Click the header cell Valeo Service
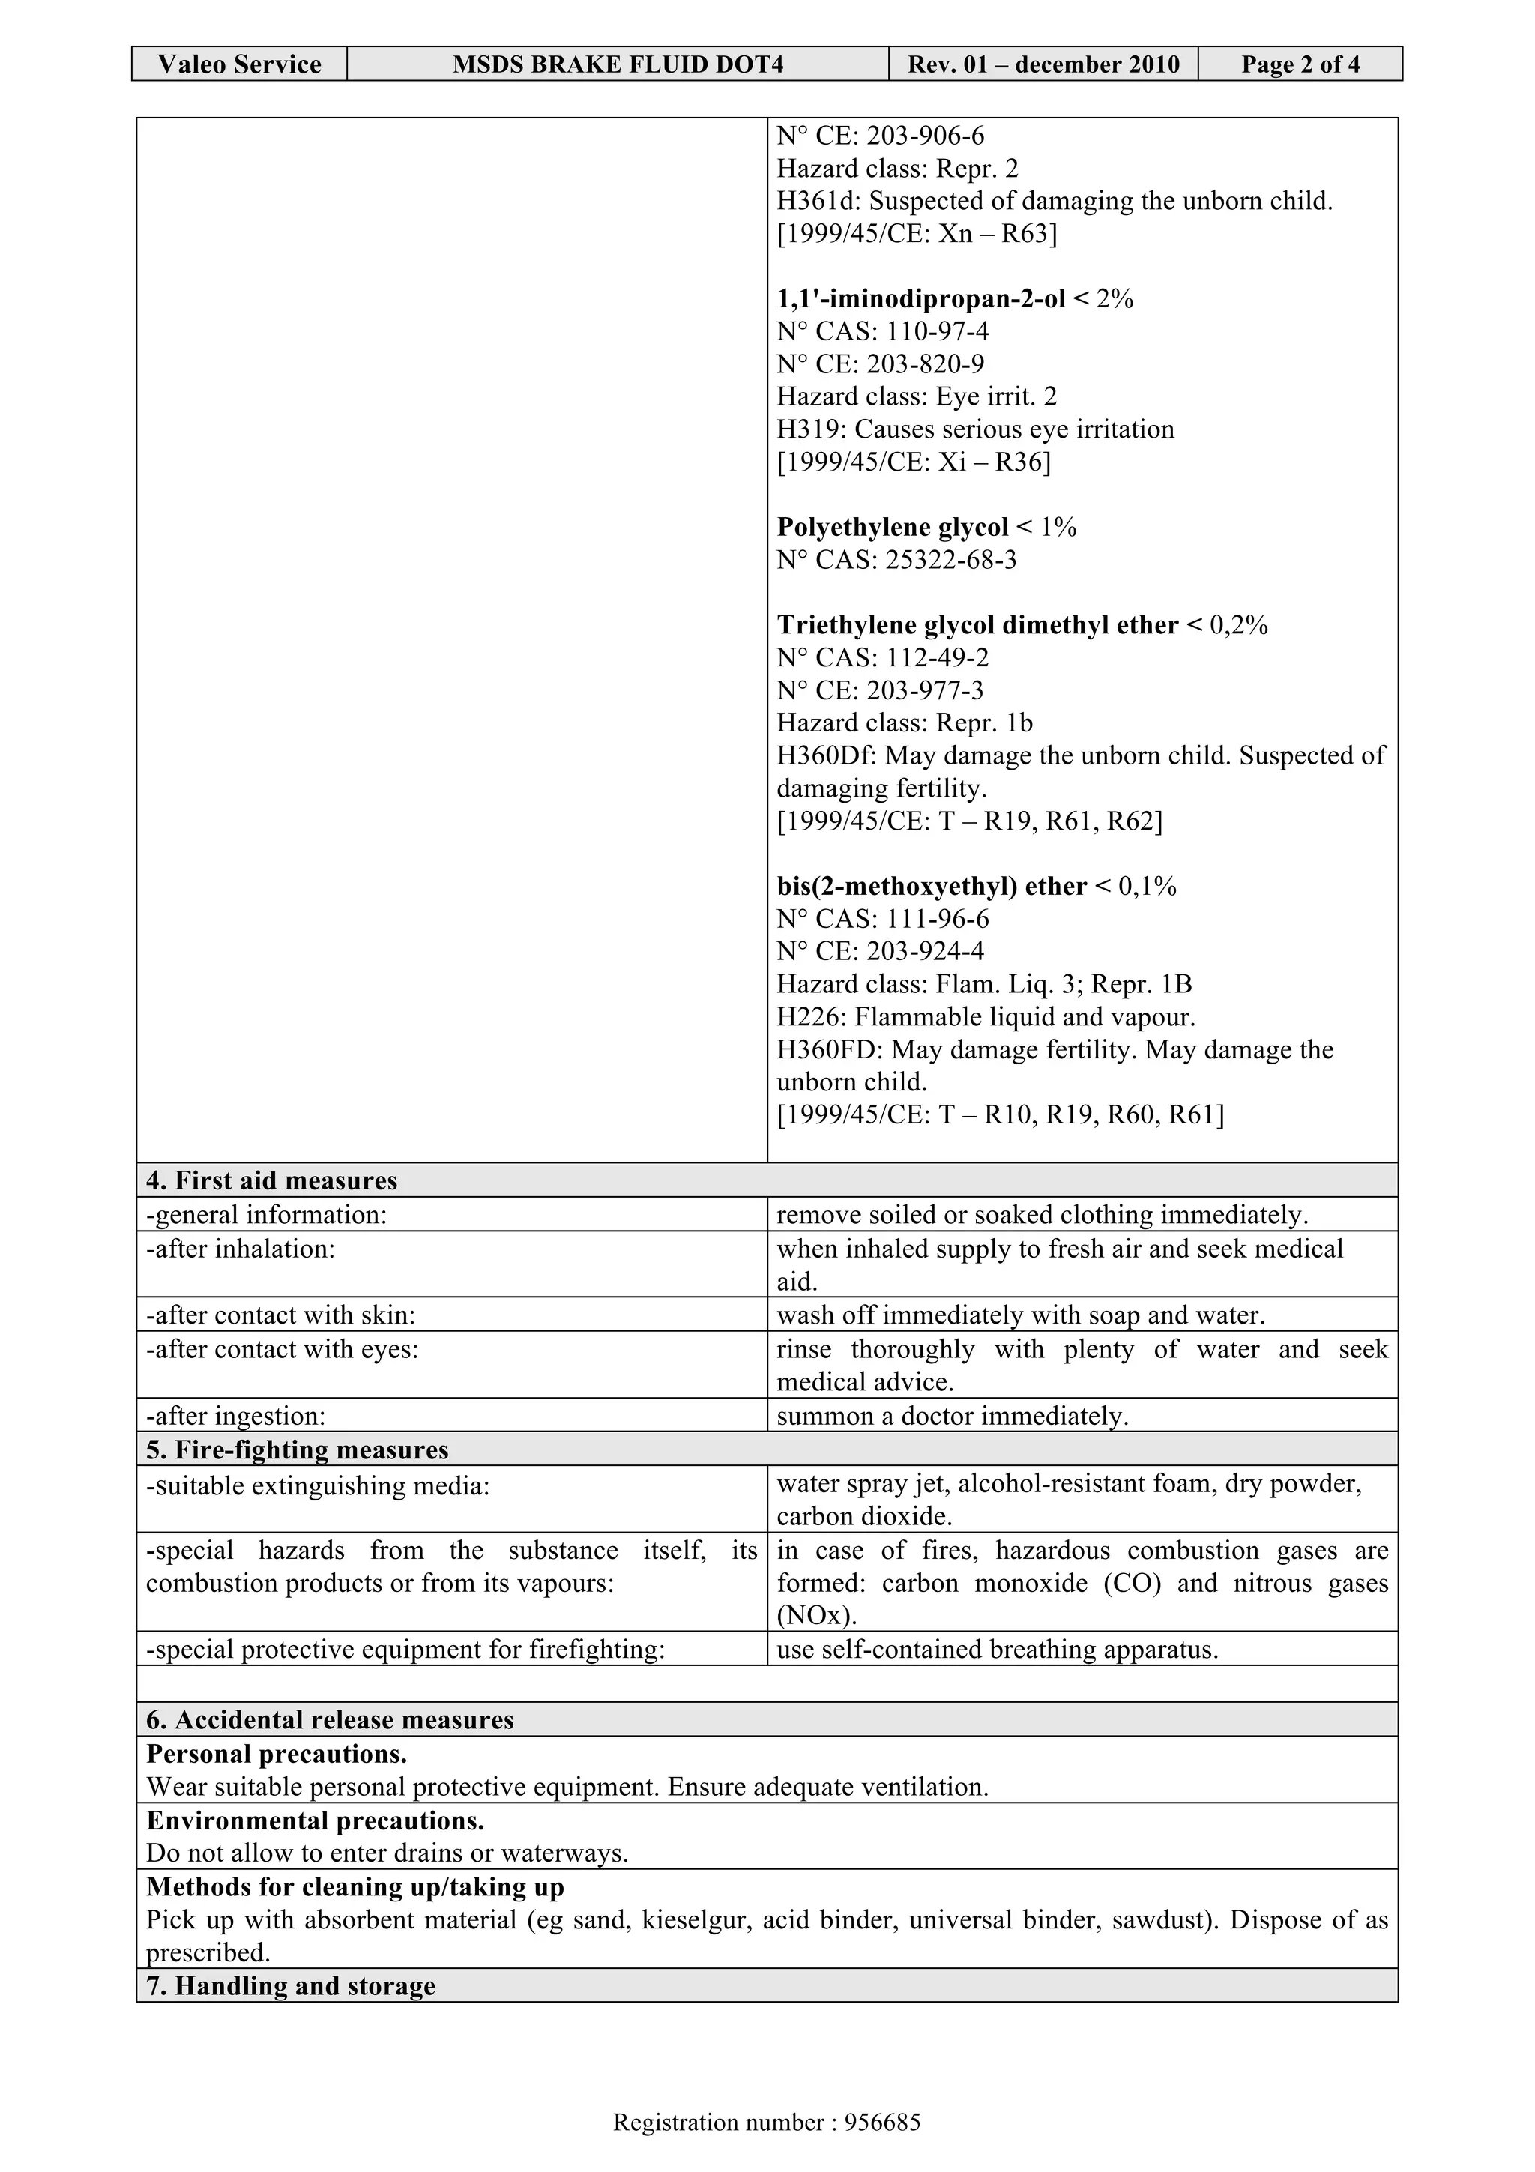238,64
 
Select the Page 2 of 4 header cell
1300,64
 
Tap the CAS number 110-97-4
938,331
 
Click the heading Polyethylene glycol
892,527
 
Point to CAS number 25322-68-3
950,560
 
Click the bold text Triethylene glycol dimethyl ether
977,625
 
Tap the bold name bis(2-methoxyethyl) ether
932,887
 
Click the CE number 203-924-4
925,952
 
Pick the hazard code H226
798,1017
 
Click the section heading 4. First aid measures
272,1180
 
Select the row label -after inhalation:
241,1249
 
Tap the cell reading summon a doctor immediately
953,1417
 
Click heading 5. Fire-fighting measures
297,1450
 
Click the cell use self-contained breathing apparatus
997,1650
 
